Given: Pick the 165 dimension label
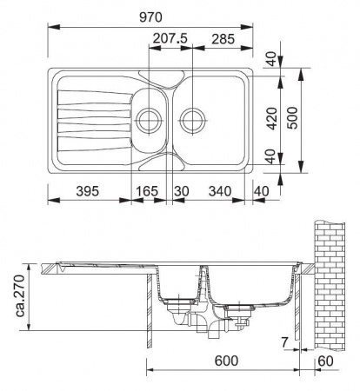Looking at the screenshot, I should tap(148, 190).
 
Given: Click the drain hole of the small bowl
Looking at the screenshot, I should tap(148, 116).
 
